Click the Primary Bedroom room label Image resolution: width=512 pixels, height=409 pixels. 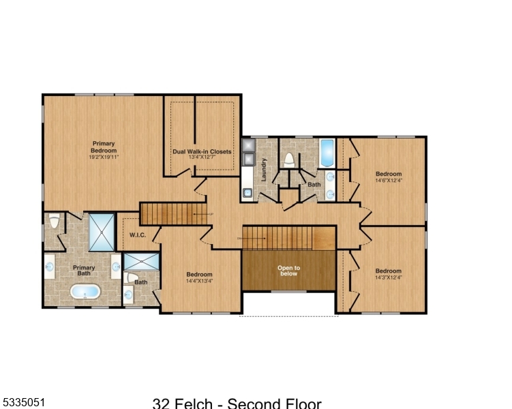coord(104,147)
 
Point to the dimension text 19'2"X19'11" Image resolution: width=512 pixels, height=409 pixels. coord(104,157)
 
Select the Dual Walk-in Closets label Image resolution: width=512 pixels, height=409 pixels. coord(202,151)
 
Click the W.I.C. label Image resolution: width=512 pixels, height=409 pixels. coord(138,235)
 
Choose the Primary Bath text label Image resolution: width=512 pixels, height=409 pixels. coord(84,271)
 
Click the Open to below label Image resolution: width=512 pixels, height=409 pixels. coord(288,271)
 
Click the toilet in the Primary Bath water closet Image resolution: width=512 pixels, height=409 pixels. coord(54,221)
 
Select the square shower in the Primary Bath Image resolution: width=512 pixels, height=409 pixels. coord(102,232)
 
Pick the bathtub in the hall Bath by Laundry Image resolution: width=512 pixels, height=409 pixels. coord(327,153)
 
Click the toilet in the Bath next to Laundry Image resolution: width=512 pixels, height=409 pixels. coord(289,160)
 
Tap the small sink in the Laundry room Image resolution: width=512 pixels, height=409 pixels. coord(247,193)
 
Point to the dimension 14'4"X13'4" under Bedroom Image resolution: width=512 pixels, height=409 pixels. coord(200,281)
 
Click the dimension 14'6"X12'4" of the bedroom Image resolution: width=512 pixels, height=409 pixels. coord(389,181)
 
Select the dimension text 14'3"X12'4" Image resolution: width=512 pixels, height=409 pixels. coord(389,277)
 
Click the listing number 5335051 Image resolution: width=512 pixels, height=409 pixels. coord(22,402)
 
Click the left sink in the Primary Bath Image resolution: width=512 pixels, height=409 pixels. coord(49,267)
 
